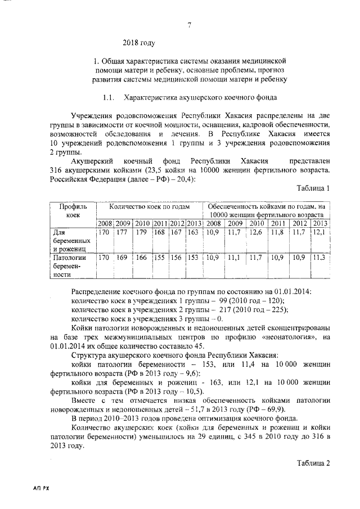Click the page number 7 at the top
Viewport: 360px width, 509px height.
coord(190,24)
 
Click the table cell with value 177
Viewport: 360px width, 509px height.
coord(122,232)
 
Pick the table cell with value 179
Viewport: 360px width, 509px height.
coord(142,232)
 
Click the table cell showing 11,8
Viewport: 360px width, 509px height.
coord(278,232)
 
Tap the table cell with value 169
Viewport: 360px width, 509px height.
coord(122,258)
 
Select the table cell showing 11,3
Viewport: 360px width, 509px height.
coord(318,258)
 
